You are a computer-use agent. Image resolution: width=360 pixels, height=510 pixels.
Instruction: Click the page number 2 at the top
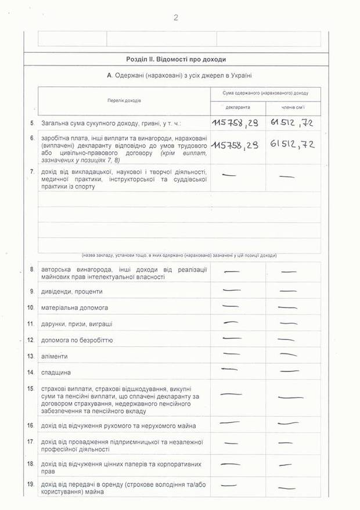(175, 17)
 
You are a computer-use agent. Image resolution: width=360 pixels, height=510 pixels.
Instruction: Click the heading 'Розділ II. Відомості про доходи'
(175, 59)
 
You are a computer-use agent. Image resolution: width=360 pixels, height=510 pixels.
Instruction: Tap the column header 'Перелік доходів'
(124, 100)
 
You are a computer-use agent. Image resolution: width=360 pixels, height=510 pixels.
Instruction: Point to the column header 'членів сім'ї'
(293, 108)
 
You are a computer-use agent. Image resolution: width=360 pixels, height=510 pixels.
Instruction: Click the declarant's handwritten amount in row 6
(235, 145)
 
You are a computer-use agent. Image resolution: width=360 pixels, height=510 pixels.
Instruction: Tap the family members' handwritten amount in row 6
(292, 144)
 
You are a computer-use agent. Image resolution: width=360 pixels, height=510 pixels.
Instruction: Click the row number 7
(31, 172)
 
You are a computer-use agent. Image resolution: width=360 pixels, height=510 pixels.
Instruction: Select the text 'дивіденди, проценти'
(71, 291)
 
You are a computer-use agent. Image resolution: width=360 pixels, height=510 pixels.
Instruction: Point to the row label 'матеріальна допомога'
(74, 307)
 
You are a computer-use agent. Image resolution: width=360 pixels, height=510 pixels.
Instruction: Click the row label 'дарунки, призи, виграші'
(77, 323)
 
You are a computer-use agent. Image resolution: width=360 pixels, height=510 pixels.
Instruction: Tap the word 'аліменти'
(55, 356)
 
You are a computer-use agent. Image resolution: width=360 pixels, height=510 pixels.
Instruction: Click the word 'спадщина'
(56, 372)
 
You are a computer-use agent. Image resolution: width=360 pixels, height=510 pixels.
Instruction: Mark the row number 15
(31, 388)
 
